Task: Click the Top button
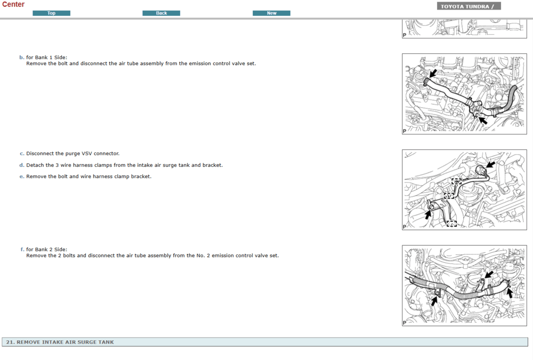51,13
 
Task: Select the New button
271,13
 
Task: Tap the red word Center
13,4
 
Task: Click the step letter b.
22,58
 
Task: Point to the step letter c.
22,154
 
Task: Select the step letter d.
22,165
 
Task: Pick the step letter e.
22,177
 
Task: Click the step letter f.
22,250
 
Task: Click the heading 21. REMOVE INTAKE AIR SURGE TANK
60,342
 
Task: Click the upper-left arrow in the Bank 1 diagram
433,74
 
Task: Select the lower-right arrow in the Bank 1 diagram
483,121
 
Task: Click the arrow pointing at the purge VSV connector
490,165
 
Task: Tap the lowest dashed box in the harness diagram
451,223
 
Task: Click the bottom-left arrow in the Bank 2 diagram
434,301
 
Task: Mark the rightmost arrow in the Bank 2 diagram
509,293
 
